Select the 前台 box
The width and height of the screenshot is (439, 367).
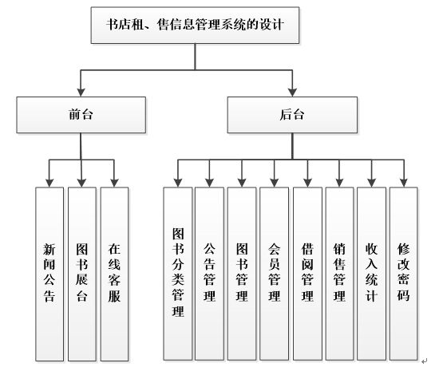pos(81,114)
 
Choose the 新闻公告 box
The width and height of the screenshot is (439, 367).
pos(49,272)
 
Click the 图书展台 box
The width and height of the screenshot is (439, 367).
pos(81,272)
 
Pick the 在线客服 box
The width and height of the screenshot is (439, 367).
pos(113,272)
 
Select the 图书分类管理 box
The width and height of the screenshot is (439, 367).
pos(177,272)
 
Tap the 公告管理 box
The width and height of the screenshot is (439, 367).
pos(209,272)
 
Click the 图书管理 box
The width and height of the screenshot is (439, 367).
pos(242,272)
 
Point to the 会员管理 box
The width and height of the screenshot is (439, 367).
pos(275,272)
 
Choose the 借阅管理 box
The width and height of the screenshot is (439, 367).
pos(307,272)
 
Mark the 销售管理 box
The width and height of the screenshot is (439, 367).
pos(339,272)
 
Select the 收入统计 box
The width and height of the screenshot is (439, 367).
pos(371,272)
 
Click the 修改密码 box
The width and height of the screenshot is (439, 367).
pos(403,272)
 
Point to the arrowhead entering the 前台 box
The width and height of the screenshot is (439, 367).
pos(81,90)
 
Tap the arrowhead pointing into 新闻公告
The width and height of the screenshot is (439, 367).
pos(49,183)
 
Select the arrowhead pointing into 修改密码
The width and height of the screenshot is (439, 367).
pos(403,183)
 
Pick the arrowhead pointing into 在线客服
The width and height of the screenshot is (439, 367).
pos(113,183)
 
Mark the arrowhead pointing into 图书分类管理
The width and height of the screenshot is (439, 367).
pos(177,183)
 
